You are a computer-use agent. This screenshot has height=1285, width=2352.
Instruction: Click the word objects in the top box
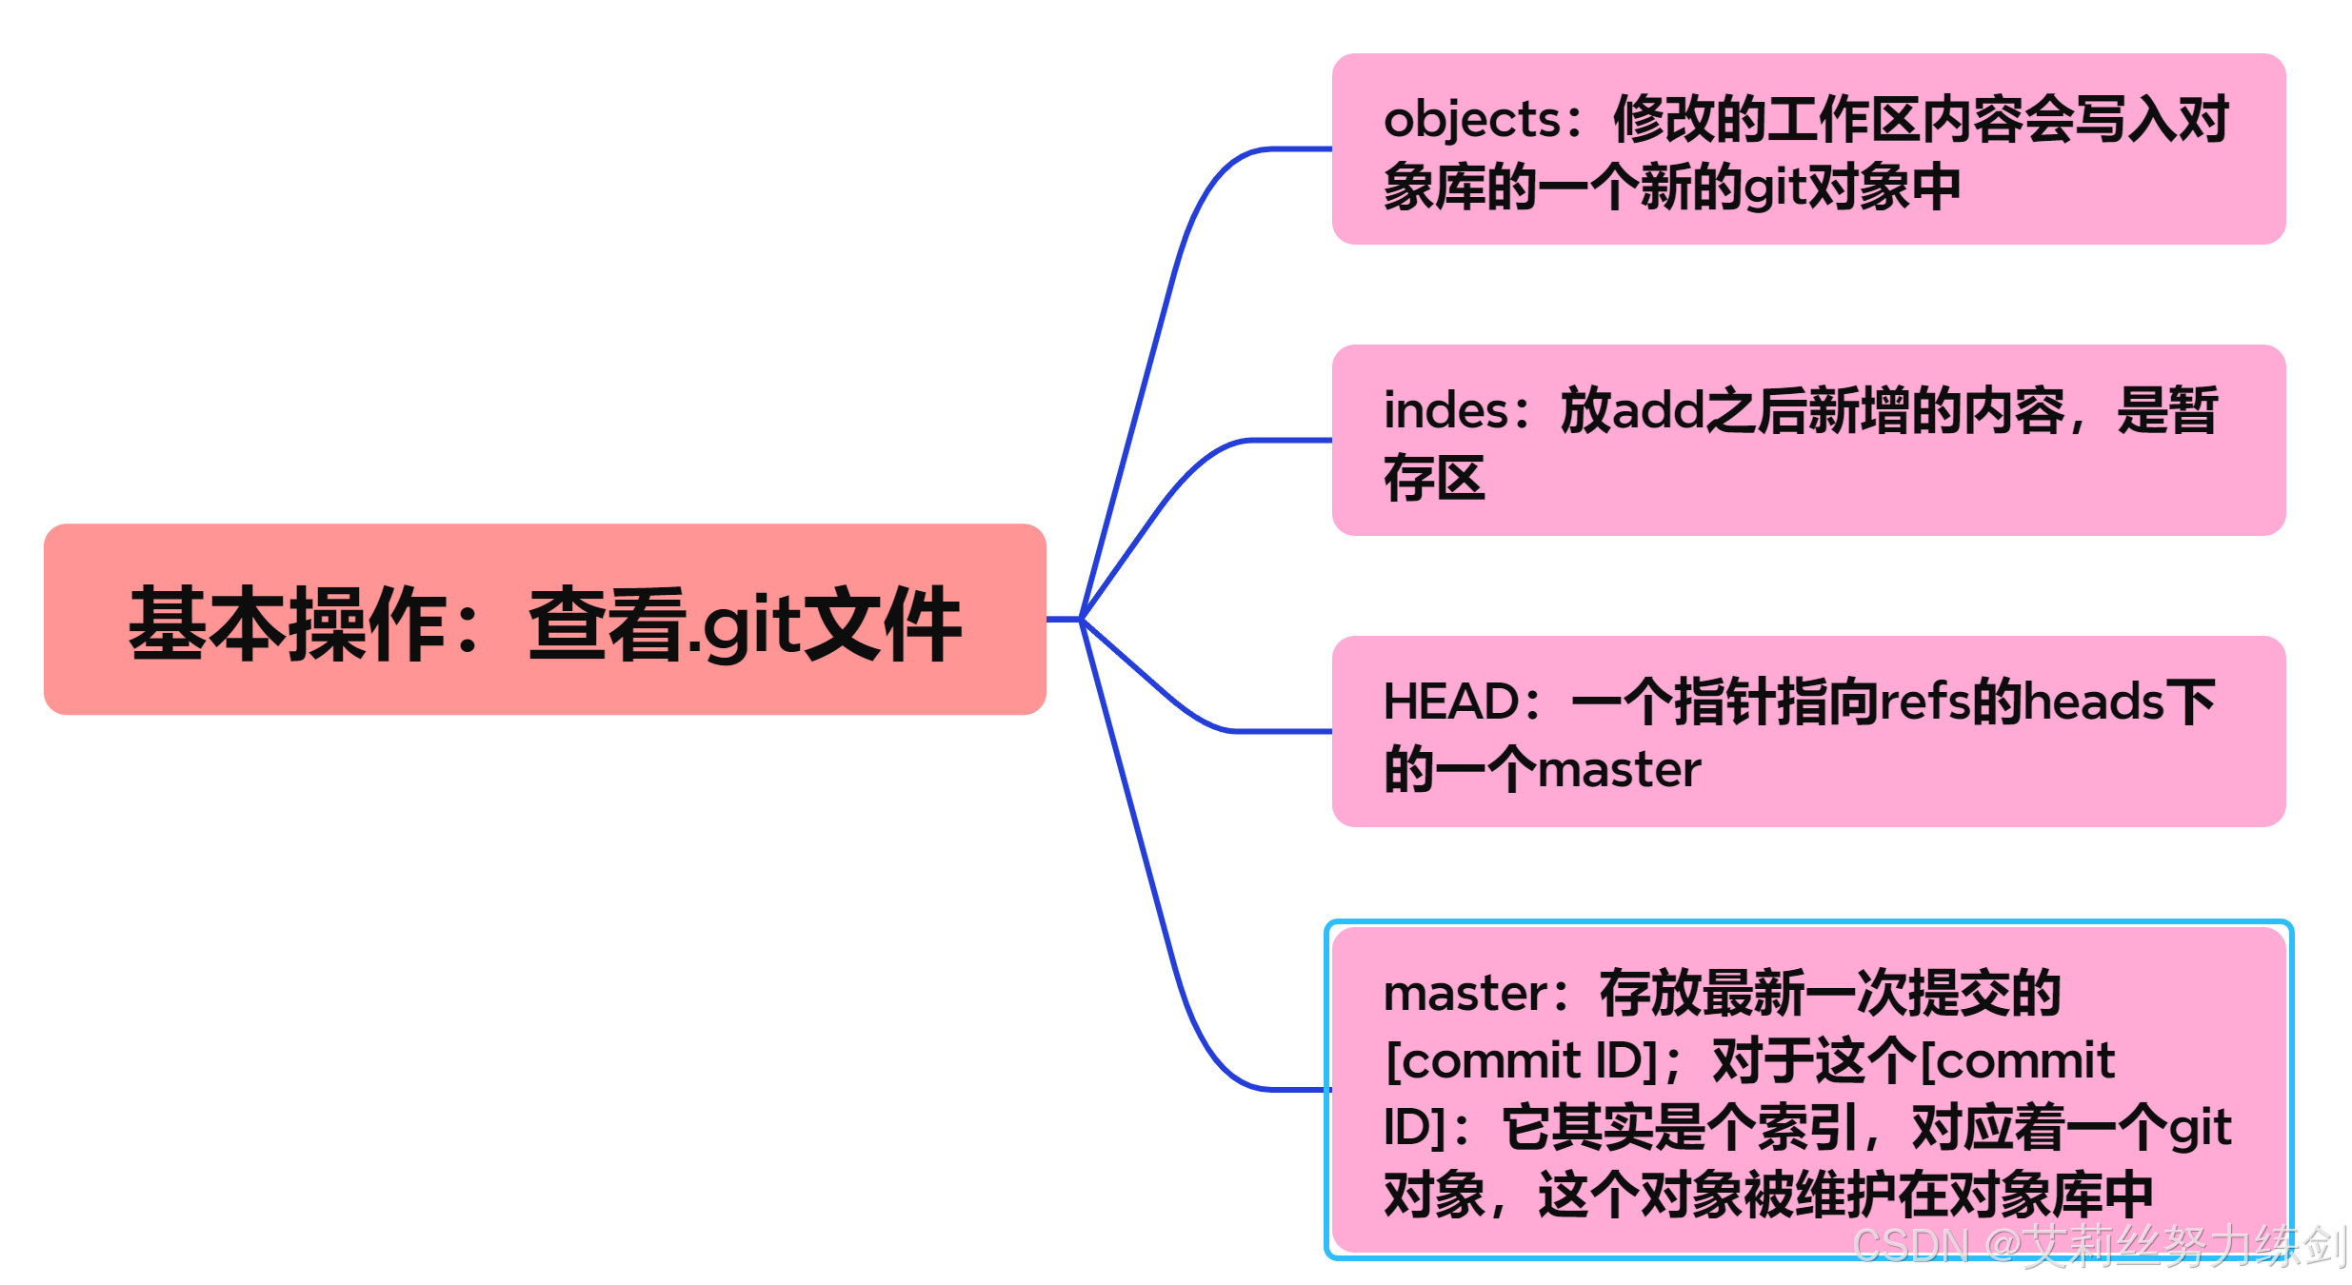[x=1471, y=121]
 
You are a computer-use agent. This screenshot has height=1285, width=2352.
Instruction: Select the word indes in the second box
[x=1445, y=411]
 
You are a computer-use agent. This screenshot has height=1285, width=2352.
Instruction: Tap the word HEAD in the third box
[x=1450, y=702]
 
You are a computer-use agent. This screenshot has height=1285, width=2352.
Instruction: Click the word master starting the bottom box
[x=1465, y=994]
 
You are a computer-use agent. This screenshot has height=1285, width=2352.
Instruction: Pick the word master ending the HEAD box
[x=1619, y=770]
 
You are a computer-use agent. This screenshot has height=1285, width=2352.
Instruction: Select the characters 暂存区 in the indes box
[x=1433, y=479]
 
